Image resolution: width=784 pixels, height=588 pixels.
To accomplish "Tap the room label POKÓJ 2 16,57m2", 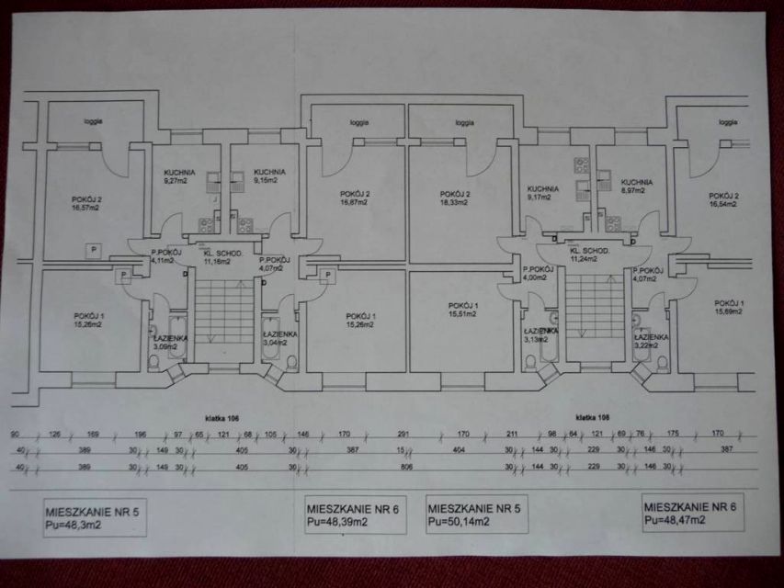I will (87, 203).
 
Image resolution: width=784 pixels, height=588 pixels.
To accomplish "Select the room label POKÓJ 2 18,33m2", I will (456, 198).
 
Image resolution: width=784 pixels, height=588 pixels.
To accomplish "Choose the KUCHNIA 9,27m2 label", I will (180, 176).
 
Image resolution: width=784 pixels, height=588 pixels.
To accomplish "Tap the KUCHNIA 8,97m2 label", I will (635, 187).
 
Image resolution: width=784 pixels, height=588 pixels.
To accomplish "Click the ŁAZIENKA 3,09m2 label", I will (170, 343).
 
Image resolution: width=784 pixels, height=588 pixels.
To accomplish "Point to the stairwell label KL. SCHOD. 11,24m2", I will (589, 254).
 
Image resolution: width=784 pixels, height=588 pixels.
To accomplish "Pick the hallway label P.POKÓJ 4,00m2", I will (539, 273).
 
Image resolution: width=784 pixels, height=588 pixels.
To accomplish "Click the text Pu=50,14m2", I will (458, 522).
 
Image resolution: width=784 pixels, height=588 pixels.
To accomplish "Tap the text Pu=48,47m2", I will (676, 520).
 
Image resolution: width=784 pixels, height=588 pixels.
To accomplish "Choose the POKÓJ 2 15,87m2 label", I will (355, 198).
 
